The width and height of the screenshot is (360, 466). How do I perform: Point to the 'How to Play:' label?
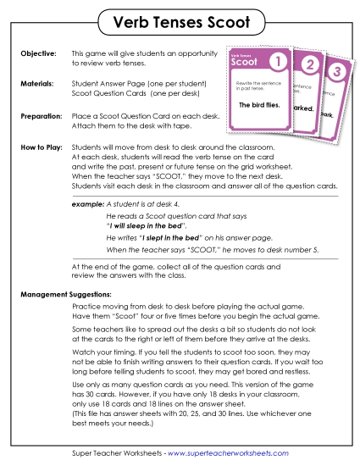(x=41, y=147)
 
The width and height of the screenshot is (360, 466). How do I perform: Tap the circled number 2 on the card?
(x=309, y=66)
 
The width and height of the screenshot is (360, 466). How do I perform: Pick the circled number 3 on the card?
(x=336, y=71)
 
